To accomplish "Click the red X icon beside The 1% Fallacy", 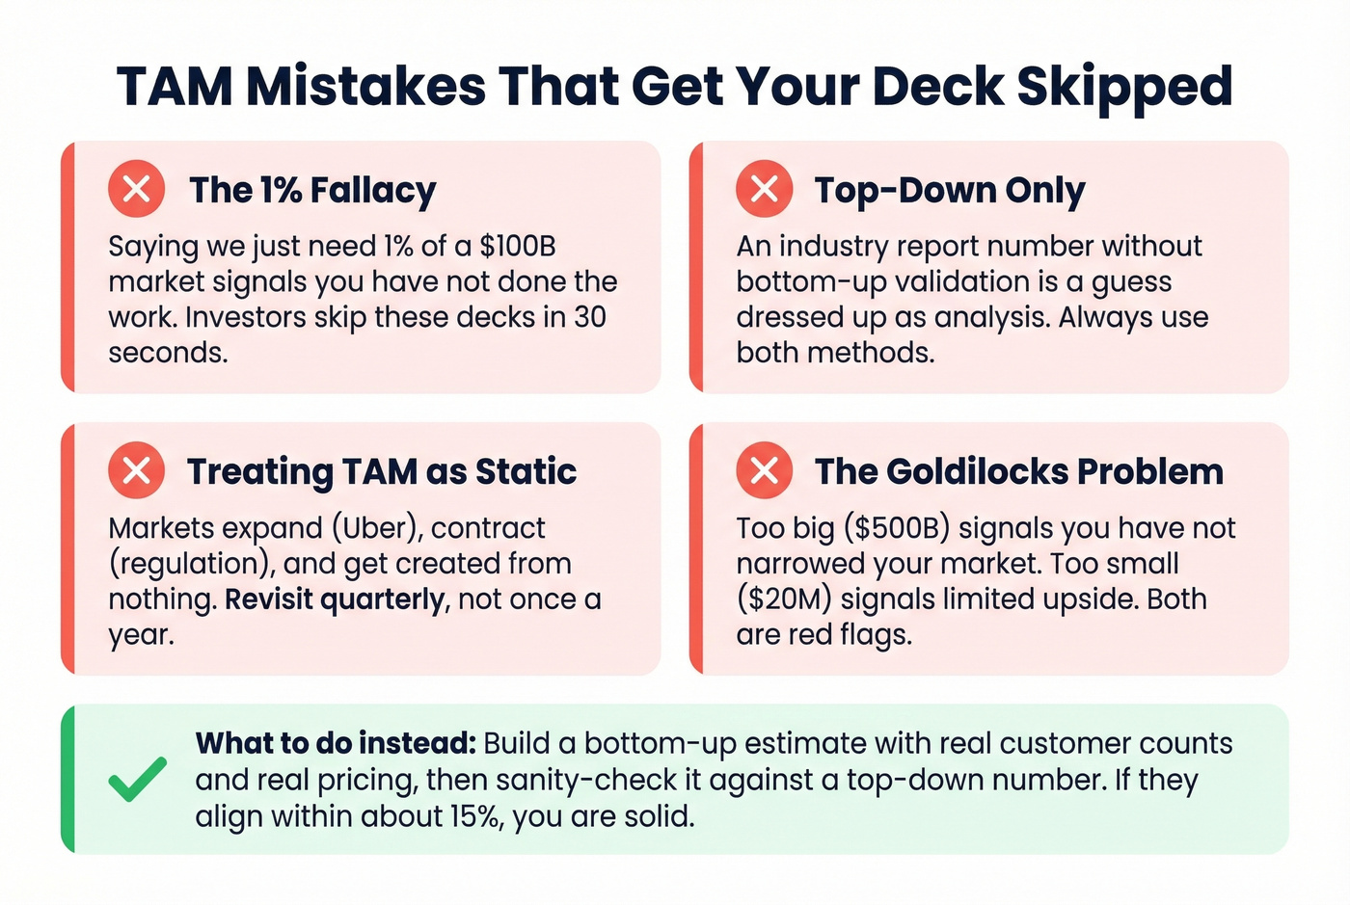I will pyautogui.click(x=136, y=188).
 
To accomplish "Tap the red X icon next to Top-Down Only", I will pyautogui.click(x=764, y=188).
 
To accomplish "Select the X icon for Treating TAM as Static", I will pyautogui.click(x=136, y=470).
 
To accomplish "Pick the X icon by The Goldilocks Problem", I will pyautogui.click(x=764, y=470).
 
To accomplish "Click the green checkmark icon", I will pyautogui.click(x=137, y=779).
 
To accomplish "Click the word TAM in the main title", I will pyautogui.click(x=175, y=87).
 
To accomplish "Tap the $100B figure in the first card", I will pyautogui.click(x=518, y=247).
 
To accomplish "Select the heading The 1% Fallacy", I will pyautogui.click(x=312, y=190).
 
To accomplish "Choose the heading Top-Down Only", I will pyautogui.click(x=950, y=190).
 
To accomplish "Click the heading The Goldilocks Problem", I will pyautogui.click(x=1019, y=471).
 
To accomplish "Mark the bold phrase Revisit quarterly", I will pyautogui.click(x=335, y=599).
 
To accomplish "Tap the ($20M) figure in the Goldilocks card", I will pyautogui.click(x=784, y=599).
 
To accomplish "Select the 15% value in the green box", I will pyautogui.click(x=474, y=817).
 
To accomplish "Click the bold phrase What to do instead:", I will pyautogui.click(x=336, y=744).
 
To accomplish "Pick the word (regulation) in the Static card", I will pyautogui.click(x=191, y=564).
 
